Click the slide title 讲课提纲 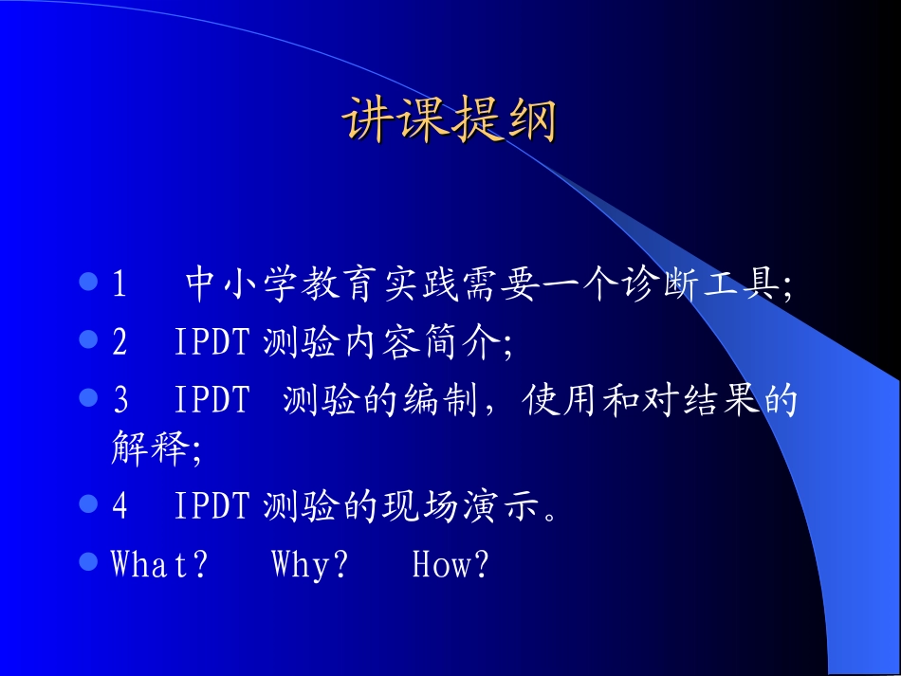pos(449,120)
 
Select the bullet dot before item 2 pos(88,338)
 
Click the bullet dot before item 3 pos(88,397)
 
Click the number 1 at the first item pos(120,284)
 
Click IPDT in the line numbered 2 pos(211,342)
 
